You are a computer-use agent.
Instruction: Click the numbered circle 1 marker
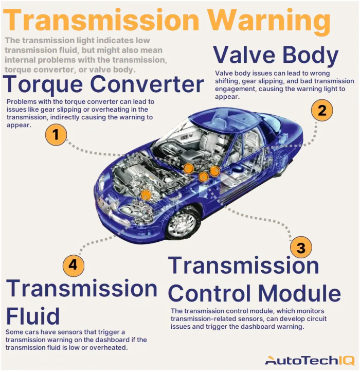(x=56, y=135)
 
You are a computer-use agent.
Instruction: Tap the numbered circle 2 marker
(x=322, y=111)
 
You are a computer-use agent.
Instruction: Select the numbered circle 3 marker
(x=301, y=247)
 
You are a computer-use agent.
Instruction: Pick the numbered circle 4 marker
(x=74, y=265)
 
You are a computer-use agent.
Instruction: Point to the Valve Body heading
(x=276, y=55)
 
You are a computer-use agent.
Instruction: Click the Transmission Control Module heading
(x=254, y=279)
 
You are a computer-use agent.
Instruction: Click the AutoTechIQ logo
(x=309, y=360)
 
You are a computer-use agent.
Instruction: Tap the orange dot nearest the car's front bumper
(x=146, y=194)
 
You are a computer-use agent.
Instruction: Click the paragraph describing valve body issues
(x=284, y=85)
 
